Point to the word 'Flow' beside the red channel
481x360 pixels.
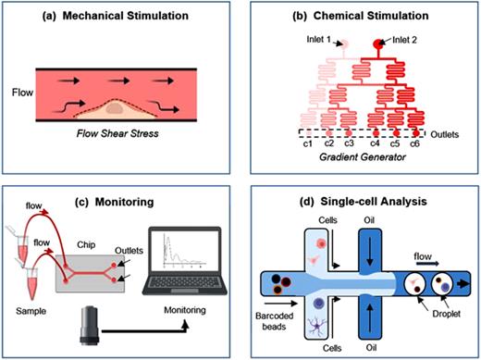(x=19, y=93)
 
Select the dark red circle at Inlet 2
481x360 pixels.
(x=379, y=43)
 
